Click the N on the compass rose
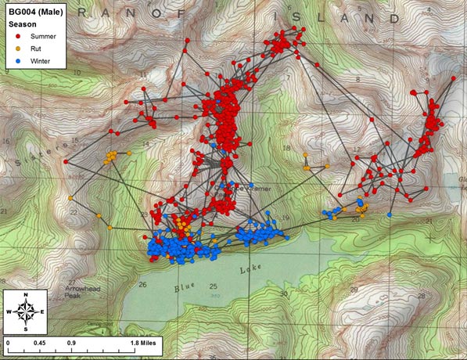click(x=27, y=294)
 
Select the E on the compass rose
click(x=43, y=311)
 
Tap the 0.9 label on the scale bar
click(x=71, y=342)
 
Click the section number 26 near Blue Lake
click(x=143, y=285)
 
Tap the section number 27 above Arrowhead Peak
click(x=72, y=283)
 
